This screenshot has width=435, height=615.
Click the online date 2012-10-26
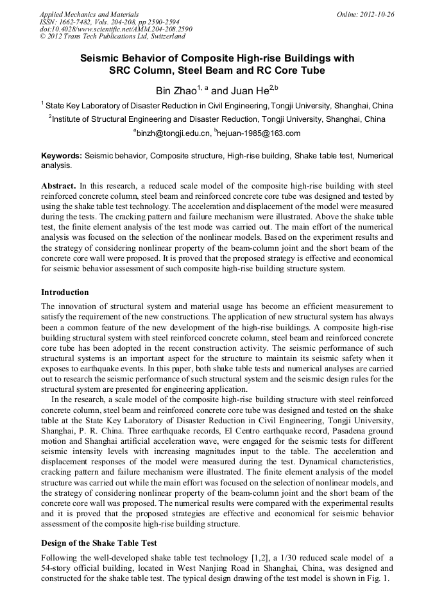tap(377, 13)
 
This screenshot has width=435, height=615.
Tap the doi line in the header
tap(106, 29)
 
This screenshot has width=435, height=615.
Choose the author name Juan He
tap(249, 91)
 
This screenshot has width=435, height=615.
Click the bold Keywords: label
tap(62, 156)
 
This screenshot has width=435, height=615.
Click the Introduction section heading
tap(65, 292)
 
